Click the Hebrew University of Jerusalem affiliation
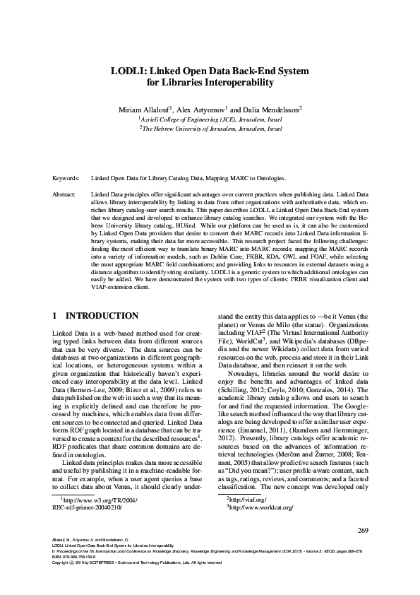pos(210,130)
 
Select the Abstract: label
pos(65,193)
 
